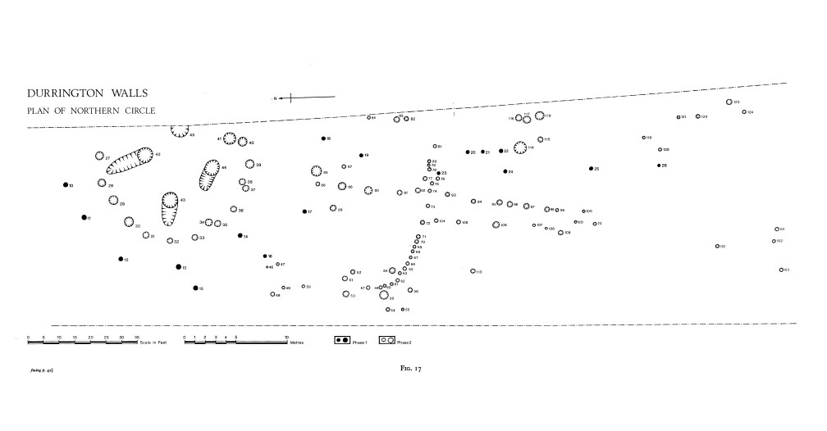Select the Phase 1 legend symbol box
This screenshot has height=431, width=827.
pos(343,339)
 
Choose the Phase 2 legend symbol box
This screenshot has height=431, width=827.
pos(387,339)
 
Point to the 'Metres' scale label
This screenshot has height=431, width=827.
pos(297,342)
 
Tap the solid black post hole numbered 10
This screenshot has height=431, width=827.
pos(65,185)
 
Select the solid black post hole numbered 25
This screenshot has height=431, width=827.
pos(590,169)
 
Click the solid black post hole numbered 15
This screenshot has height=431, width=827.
pos(194,288)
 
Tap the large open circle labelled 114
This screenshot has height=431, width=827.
pos(519,148)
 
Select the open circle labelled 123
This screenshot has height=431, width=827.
pos(728,102)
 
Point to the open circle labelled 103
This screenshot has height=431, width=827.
pos(781,270)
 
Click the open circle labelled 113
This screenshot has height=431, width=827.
pos(473,271)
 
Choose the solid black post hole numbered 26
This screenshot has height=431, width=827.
pos(659,166)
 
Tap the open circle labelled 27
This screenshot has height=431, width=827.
pos(99,157)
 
